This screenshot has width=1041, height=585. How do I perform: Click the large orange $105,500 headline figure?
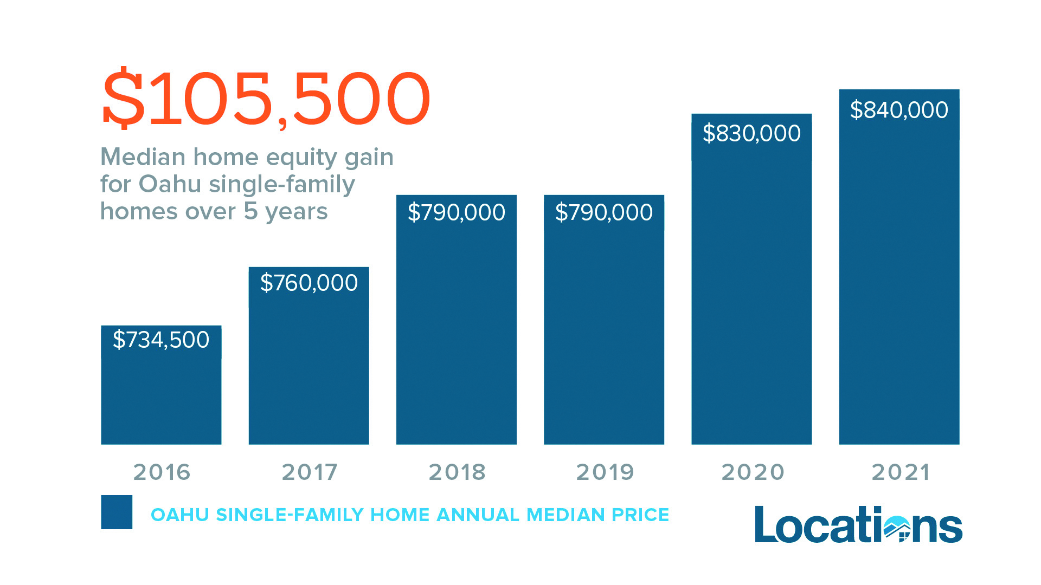pyautogui.click(x=266, y=99)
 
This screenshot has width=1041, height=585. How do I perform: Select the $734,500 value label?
pyautogui.click(x=161, y=340)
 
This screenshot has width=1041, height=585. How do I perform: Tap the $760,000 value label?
pyautogui.click(x=309, y=283)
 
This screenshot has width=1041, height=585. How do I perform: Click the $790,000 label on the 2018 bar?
pyautogui.click(x=457, y=212)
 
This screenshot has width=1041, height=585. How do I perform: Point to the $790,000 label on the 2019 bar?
pyautogui.click(x=604, y=212)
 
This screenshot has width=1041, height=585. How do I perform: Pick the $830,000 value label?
pyautogui.click(x=751, y=133)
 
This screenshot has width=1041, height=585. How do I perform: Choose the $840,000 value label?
pyautogui.click(x=899, y=110)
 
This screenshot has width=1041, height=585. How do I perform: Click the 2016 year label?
pyautogui.click(x=162, y=472)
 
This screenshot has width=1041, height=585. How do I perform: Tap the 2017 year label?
pyautogui.click(x=309, y=472)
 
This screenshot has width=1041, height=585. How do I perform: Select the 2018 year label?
pyautogui.click(x=457, y=472)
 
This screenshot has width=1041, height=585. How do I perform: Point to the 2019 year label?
pyautogui.click(x=605, y=472)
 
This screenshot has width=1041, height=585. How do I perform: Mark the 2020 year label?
pyautogui.click(x=753, y=472)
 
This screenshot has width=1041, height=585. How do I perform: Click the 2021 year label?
pyautogui.click(x=900, y=472)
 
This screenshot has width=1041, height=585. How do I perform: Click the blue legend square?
pyautogui.click(x=117, y=512)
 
